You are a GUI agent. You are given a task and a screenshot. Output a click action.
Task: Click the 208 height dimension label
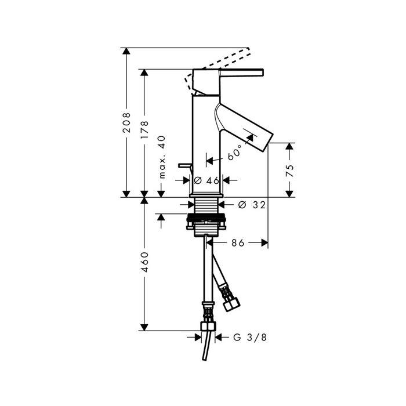pyautogui.click(x=126, y=122)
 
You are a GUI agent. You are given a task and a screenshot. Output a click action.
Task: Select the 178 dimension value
pyautogui.click(x=144, y=129)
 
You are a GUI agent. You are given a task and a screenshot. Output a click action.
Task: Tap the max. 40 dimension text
pyautogui.click(x=162, y=157)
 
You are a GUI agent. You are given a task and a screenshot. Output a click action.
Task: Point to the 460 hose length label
pyautogui.click(x=144, y=262)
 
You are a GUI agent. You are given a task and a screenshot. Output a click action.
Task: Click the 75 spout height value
pyautogui.click(x=290, y=171)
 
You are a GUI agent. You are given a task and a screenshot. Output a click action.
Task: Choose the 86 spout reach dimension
pyautogui.click(x=238, y=243)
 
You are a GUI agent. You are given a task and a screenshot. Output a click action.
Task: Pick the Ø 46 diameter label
pyautogui.click(x=206, y=180)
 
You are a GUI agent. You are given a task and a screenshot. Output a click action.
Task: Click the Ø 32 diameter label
pyautogui.click(x=252, y=205)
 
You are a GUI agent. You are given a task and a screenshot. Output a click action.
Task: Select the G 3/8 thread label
pyautogui.click(x=250, y=338)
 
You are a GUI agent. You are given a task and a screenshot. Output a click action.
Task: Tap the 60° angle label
pyautogui.click(x=235, y=153)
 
